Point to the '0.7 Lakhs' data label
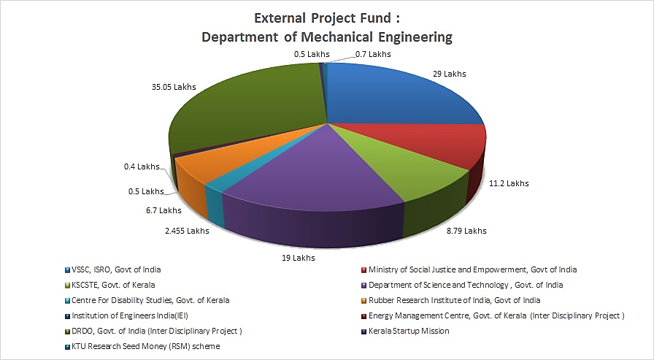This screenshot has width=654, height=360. tap(373, 53)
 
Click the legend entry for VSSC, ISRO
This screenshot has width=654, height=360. tap(116, 269)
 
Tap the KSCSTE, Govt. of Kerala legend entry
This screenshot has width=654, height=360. tap(113, 285)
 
